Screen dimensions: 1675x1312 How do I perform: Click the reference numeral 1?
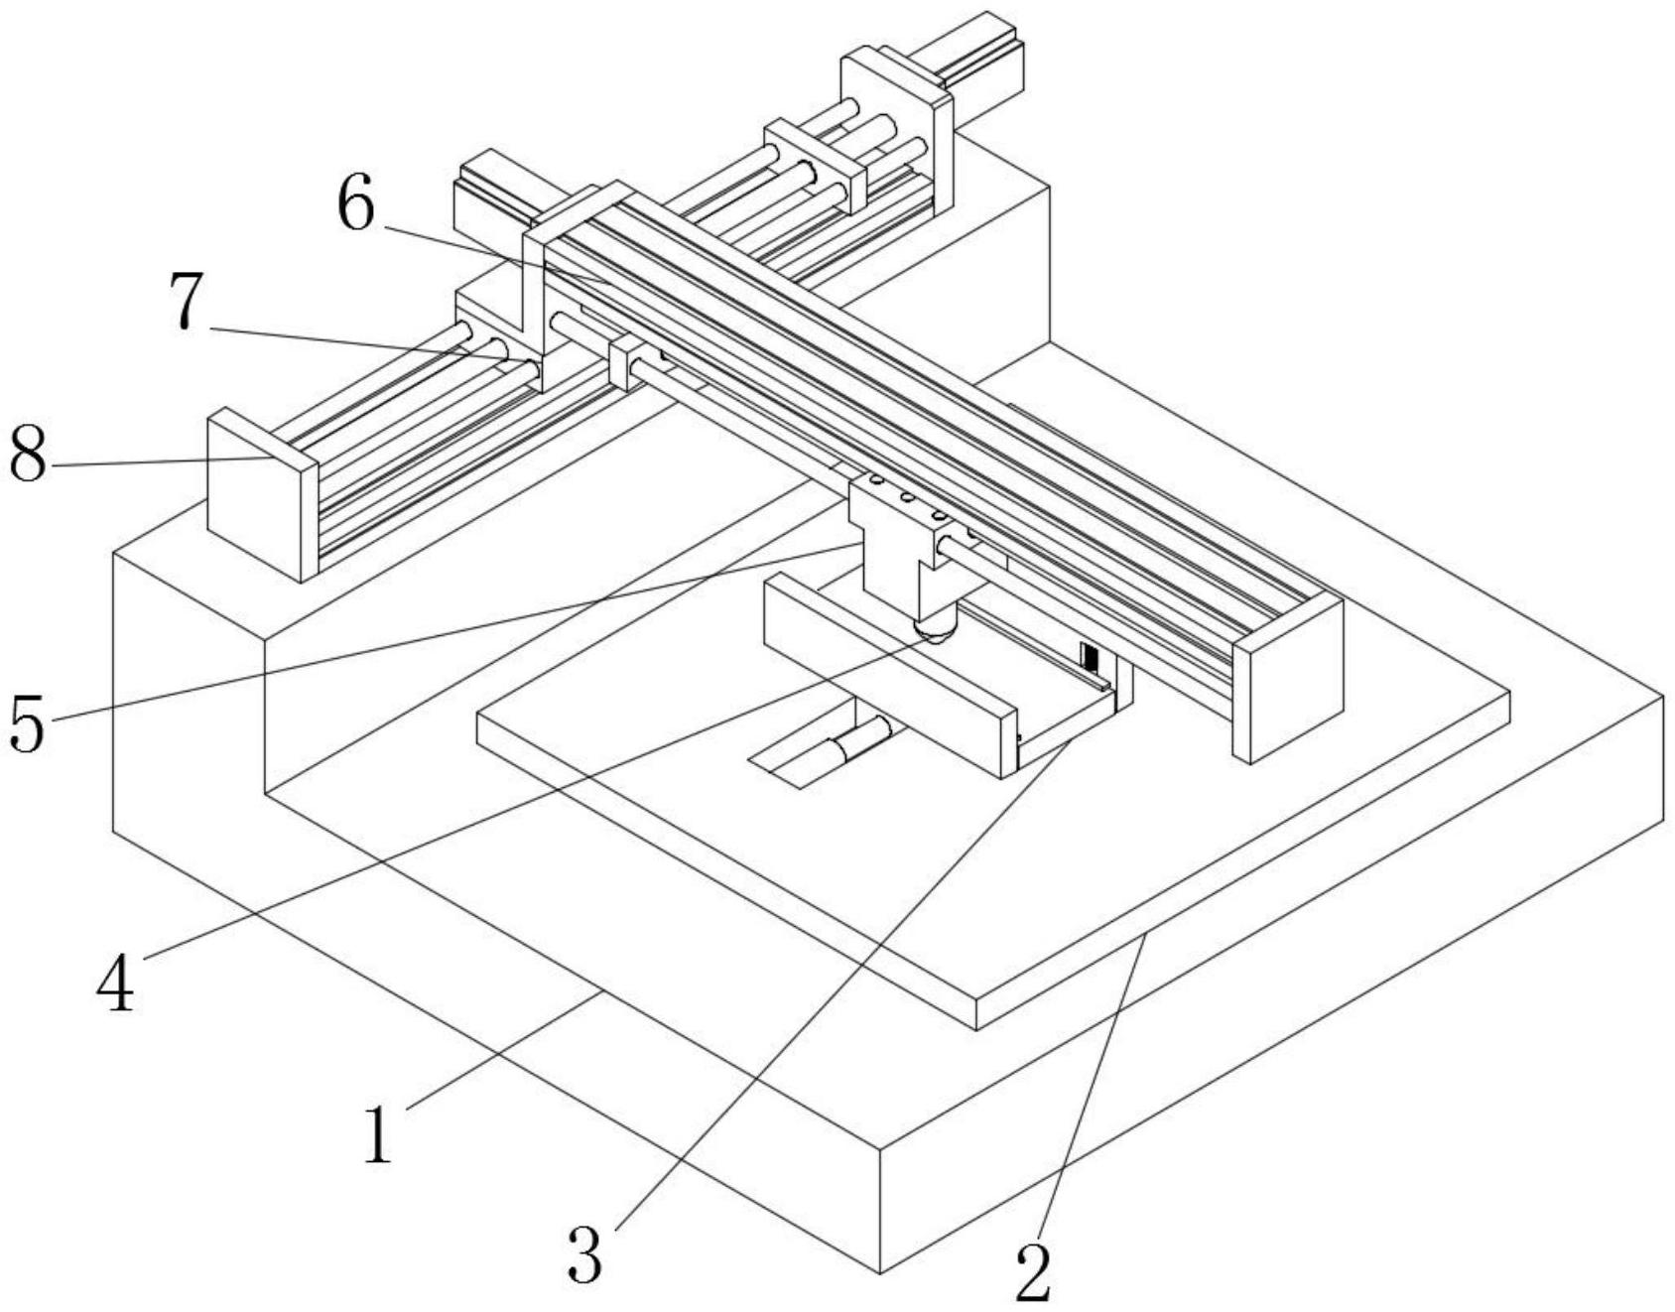pyautogui.click(x=377, y=1134)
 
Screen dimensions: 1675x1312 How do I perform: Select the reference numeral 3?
pyautogui.click(x=585, y=1253)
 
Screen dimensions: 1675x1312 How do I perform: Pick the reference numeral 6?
pyautogui.click(x=356, y=206)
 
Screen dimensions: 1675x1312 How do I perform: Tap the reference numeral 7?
pyautogui.click(x=187, y=301)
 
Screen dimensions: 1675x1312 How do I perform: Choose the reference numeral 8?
pyautogui.click(x=28, y=455)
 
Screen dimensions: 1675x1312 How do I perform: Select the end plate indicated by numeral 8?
pyautogui.click(x=262, y=493)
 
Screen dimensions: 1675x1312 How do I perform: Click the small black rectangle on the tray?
pyautogui.click(x=1091, y=658)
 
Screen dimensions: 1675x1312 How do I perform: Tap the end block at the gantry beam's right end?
pyautogui.click(x=1288, y=678)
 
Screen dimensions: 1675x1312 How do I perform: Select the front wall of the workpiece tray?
pyautogui.click(x=890, y=675)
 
